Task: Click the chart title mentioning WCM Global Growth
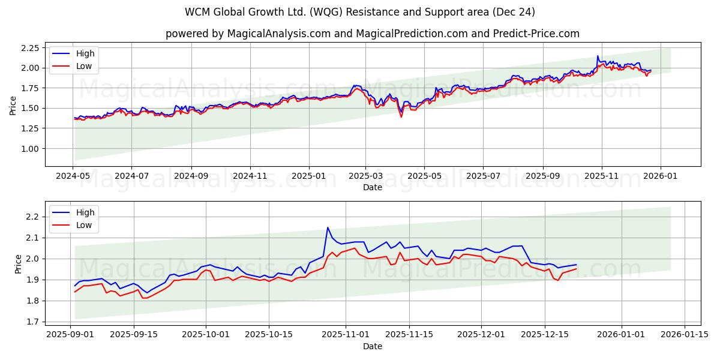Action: pos(360,12)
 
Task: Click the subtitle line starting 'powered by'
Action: pos(372,34)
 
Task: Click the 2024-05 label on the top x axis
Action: pos(73,176)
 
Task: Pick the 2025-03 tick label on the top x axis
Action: pos(365,176)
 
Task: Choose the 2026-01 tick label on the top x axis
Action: pos(660,176)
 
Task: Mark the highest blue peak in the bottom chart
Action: pos(328,227)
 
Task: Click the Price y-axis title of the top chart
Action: pos(13,105)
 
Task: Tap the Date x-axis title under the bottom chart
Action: pos(373,346)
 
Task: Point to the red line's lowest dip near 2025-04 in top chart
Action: pos(401,116)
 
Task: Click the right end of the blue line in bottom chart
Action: pos(576,265)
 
